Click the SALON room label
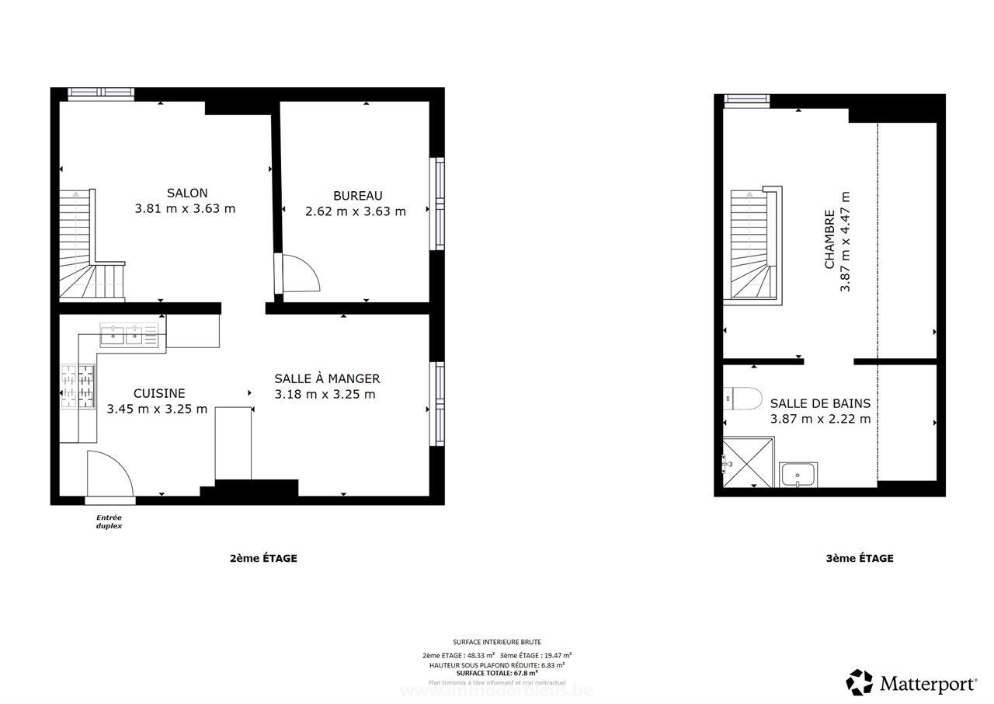click(x=187, y=193)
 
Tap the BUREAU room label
click(x=357, y=196)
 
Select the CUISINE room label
click(x=159, y=393)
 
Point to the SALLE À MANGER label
click(x=327, y=378)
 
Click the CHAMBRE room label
click(x=829, y=239)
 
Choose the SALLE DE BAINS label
click(x=820, y=403)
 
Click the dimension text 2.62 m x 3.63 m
click(x=356, y=211)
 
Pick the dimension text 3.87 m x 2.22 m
click(x=820, y=419)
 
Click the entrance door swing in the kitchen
click(x=109, y=472)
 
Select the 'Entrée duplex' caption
click(x=109, y=521)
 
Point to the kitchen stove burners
click(x=78, y=386)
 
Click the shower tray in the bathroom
click(x=748, y=462)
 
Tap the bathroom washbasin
click(x=798, y=474)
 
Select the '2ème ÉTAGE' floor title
click(x=263, y=558)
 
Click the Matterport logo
click(x=912, y=683)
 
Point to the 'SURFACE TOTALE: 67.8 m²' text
click(x=497, y=673)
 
